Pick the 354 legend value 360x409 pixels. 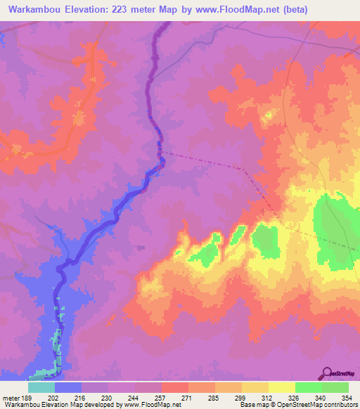(x=348, y=397)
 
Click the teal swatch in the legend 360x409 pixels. (x=41, y=387)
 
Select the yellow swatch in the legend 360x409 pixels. (x=282, y=387)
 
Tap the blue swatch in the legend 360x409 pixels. (x=68, y=387)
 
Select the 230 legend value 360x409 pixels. (x=108, y=397)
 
